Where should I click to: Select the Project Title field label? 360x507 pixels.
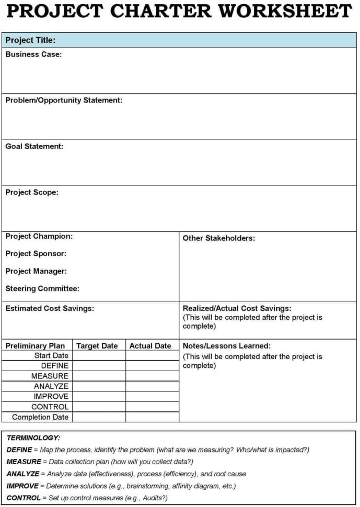pyautogui.click(x=30, y=40)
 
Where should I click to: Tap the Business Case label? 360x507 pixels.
pyautogui.click(x=33, y=54)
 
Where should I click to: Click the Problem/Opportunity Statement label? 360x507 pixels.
pyautogui.click(x=64, y=100)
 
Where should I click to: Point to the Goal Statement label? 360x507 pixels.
pyautogui.click(x=34, y=146)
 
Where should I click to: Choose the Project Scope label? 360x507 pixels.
pyautogui.click(x=32, y=192)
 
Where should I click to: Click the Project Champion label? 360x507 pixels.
pyautogui.click(x=39, y=236)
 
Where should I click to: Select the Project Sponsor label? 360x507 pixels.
pyautogui.click(x=36, y=254)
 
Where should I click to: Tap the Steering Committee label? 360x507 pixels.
pyautogui.click(x=42, y=289)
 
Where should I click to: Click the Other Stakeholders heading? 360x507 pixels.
pyautogui.click(x=219, y=238)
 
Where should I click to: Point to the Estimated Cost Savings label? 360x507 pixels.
pyautogui.click(x=50, y=308)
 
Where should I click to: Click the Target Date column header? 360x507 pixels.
pyautogui.click(x=97, y=345)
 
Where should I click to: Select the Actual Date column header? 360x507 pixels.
pyautogui.click(x=150, y=345)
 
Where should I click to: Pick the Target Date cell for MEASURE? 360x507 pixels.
pyautogui.click(x=99, y=376)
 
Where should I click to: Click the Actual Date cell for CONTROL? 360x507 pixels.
pyautogui.click(x=152, y=407)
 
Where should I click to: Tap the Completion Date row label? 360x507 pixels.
pyautogui.click(x=40, y=417)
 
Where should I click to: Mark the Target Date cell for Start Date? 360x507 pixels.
pyautogui.click(x=99, y=355)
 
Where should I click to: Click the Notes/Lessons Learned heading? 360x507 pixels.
pyautogui.click(x=227, y=345)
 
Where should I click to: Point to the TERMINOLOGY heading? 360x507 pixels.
pyautogui.click(x=33, y=437)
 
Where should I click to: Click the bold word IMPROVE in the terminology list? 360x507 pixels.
pyautogui.click(x=22, y=486)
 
